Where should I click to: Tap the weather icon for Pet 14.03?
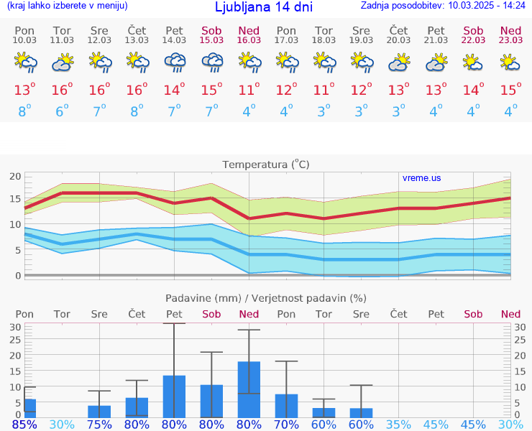click(x=175, y=64)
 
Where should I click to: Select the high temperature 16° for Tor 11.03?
click(x=63, y=90)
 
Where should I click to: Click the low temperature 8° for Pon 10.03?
click(x=25, y=111)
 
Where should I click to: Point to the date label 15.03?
click(x=211, y=40)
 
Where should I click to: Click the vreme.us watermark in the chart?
click(x=422, y=178)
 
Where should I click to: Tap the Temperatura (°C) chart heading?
click(x=266, y=164)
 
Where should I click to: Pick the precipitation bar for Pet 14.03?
click(x=174, y=396)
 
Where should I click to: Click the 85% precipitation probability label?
click(x=24, y=425)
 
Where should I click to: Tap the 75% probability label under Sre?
click(x=99, y=425)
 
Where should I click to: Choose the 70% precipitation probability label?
click(x=286, y=425)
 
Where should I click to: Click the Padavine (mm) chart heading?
click(x=266, y=298)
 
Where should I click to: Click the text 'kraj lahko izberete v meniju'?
click(x=68, y=6)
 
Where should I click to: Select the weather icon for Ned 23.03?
click(x=510, y=64)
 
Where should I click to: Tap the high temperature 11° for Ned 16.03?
click(x=249, y=90)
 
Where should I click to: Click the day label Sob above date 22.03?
click(x=473, y=30)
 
